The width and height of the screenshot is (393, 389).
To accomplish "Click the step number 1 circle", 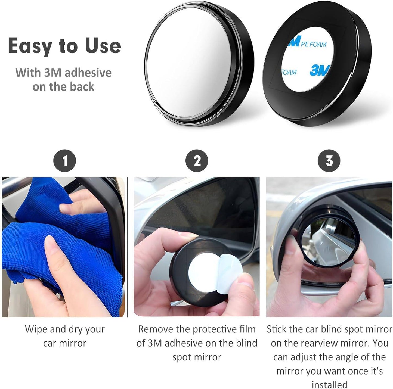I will click(65, 161).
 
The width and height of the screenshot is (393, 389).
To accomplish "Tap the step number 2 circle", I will click(197, 161).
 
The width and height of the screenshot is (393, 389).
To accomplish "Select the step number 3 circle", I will click(329, 161).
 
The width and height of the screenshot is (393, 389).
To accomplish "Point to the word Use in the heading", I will click(103, 46).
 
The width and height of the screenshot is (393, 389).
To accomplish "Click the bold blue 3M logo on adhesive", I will click(320, 70).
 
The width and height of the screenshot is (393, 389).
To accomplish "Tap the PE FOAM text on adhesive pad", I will click(313, 44).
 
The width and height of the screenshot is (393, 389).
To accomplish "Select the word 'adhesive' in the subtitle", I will click(88, 73).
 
